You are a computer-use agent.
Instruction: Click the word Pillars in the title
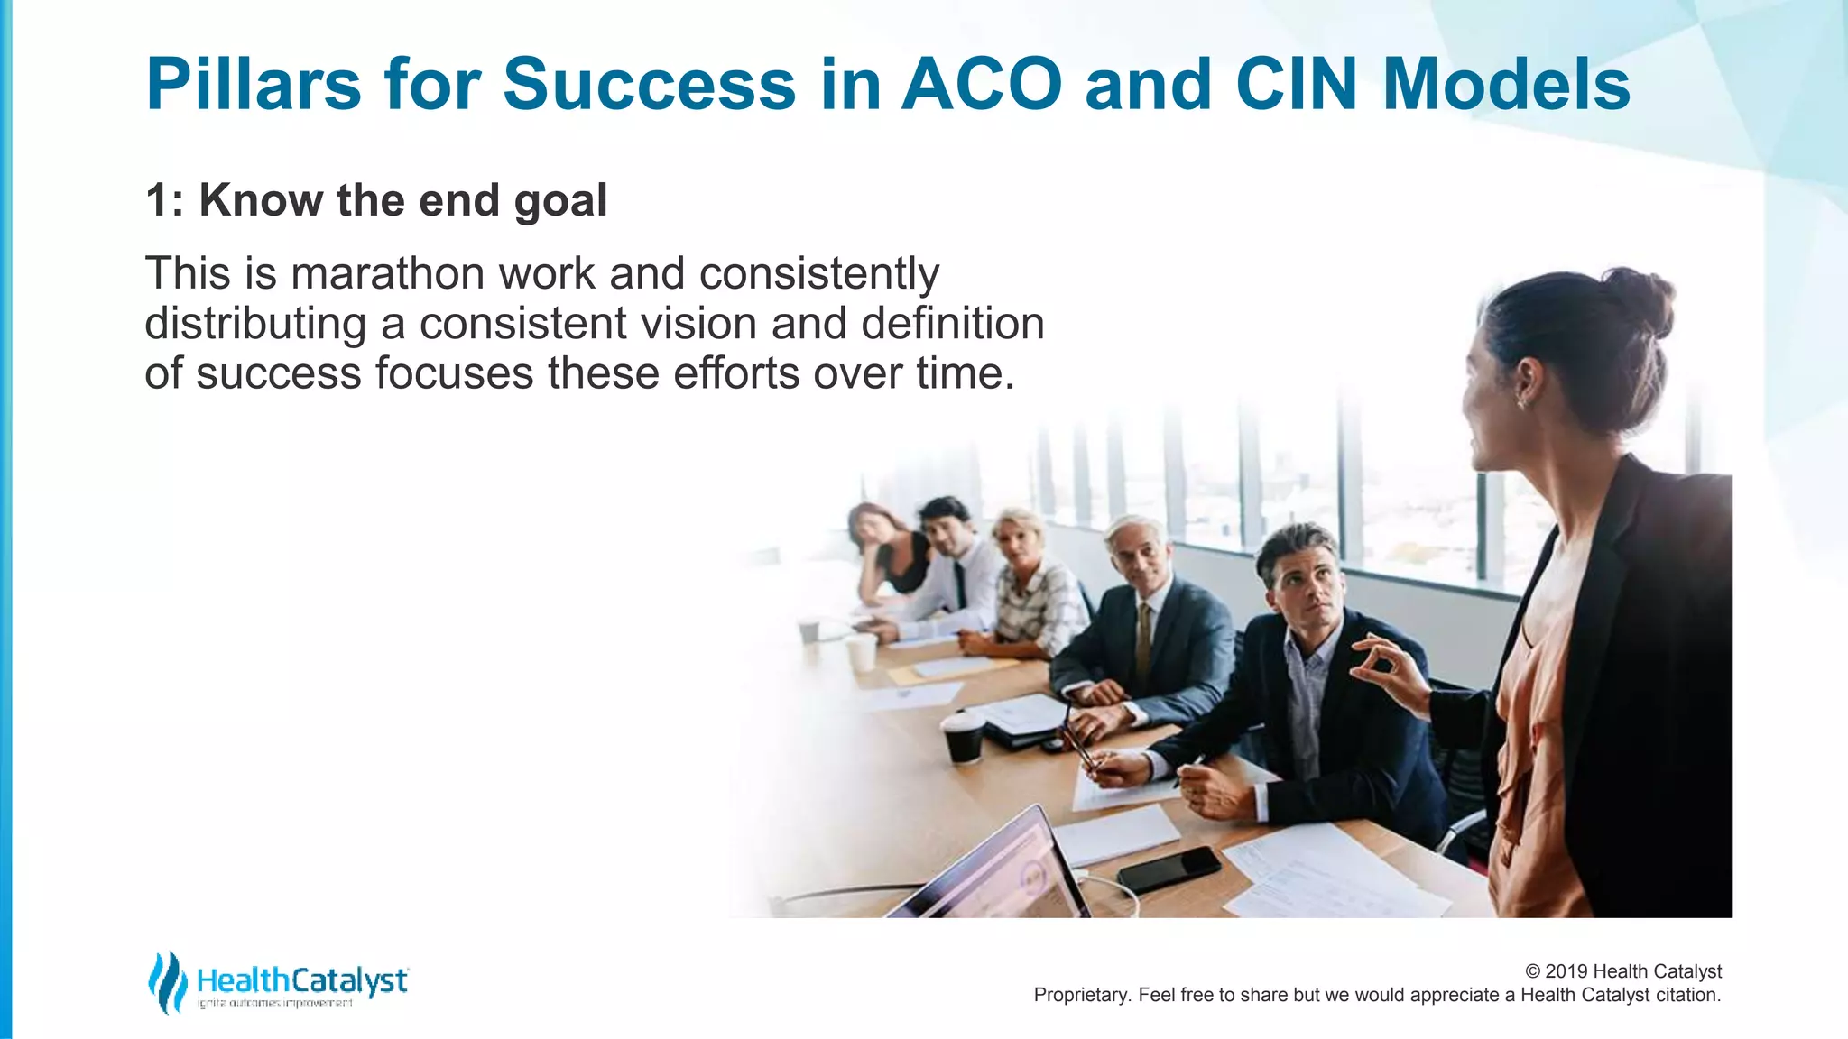(254, 85)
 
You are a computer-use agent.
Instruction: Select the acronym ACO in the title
(983, 85)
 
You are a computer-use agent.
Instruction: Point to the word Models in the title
(1506, 85)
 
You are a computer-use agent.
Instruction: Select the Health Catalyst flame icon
(167, 982)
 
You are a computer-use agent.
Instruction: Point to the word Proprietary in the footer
(1081, 995)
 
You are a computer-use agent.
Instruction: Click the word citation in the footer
(1686, 995)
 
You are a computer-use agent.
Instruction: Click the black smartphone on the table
(1169, 869)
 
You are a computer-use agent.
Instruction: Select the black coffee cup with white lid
(963, 737)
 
